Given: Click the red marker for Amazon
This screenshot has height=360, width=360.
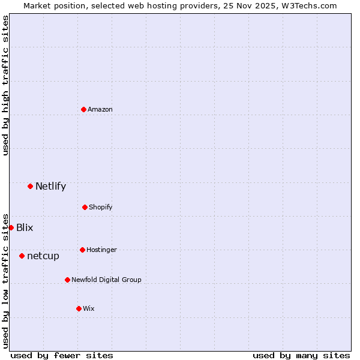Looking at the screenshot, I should pos(84,109).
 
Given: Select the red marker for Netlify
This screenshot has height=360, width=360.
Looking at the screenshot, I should pos(30,186).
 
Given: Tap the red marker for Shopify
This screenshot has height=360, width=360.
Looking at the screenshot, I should pos(85,207).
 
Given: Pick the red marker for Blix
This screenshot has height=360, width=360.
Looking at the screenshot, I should pos(11,227).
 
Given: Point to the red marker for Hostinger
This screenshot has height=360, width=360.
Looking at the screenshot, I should pos(82,250).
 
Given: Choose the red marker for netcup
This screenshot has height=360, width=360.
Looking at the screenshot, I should pos(22,256).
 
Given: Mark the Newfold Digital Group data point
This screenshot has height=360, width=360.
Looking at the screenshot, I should pos(67,280).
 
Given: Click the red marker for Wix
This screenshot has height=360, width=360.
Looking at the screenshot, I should pos(79,308).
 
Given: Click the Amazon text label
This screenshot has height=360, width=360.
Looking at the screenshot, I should pos(100,109).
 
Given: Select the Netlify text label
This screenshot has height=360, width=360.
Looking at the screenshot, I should pos(50,186).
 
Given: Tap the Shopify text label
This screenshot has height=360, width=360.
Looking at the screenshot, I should pos(101,207).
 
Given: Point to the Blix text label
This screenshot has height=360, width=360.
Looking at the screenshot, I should pos(25,227).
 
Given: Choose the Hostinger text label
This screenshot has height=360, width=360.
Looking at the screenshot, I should pos(101,250).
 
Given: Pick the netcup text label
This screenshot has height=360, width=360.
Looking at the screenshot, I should pos(43,256).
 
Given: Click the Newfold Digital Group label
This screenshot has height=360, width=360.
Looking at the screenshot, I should pos(106,280).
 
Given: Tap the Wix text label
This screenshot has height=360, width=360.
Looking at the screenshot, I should pos(89,308).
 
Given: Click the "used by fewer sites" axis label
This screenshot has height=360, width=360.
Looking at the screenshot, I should pos(62,355).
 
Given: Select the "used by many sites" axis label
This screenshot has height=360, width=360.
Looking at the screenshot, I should pos(301,355).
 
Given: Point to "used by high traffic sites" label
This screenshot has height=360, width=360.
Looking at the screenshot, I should pos(5,85).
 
